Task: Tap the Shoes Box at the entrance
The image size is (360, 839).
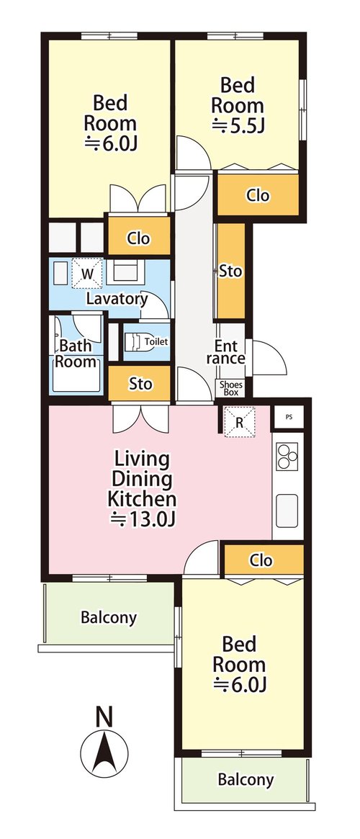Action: tap(230, 388)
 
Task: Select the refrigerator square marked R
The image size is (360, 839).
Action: tap(240, 422)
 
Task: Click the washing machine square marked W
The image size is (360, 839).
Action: tap(86, 274)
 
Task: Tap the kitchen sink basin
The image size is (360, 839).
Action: tap(288, 511)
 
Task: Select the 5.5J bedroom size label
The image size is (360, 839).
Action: tap(239, 126)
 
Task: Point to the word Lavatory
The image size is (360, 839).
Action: tap(117, 299)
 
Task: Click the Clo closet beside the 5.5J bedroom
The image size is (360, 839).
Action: tap(257, 194)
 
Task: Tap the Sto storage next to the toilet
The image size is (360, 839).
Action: tap(140, 383)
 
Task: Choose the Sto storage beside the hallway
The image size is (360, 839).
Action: tap(230, 272)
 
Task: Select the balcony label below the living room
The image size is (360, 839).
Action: tap(109, 617)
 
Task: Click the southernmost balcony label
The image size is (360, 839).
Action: tap(246, 780)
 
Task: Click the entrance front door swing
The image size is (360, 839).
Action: tap(269, 358)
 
